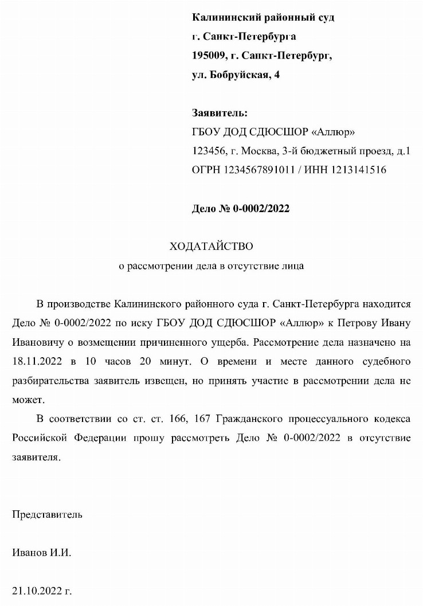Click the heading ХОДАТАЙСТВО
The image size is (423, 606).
[x=211, y=247]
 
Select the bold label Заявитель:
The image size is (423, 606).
[x=220, y=113]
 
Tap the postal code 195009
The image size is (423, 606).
[x=207, y=56]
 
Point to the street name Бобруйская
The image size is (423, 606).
[x=241, y=75]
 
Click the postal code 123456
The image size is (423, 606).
[x=207, y=151]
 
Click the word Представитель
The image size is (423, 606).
[x=47, y=514]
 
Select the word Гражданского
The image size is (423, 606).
[x=229, y=419]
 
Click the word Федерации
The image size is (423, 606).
[x=96, y=438]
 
